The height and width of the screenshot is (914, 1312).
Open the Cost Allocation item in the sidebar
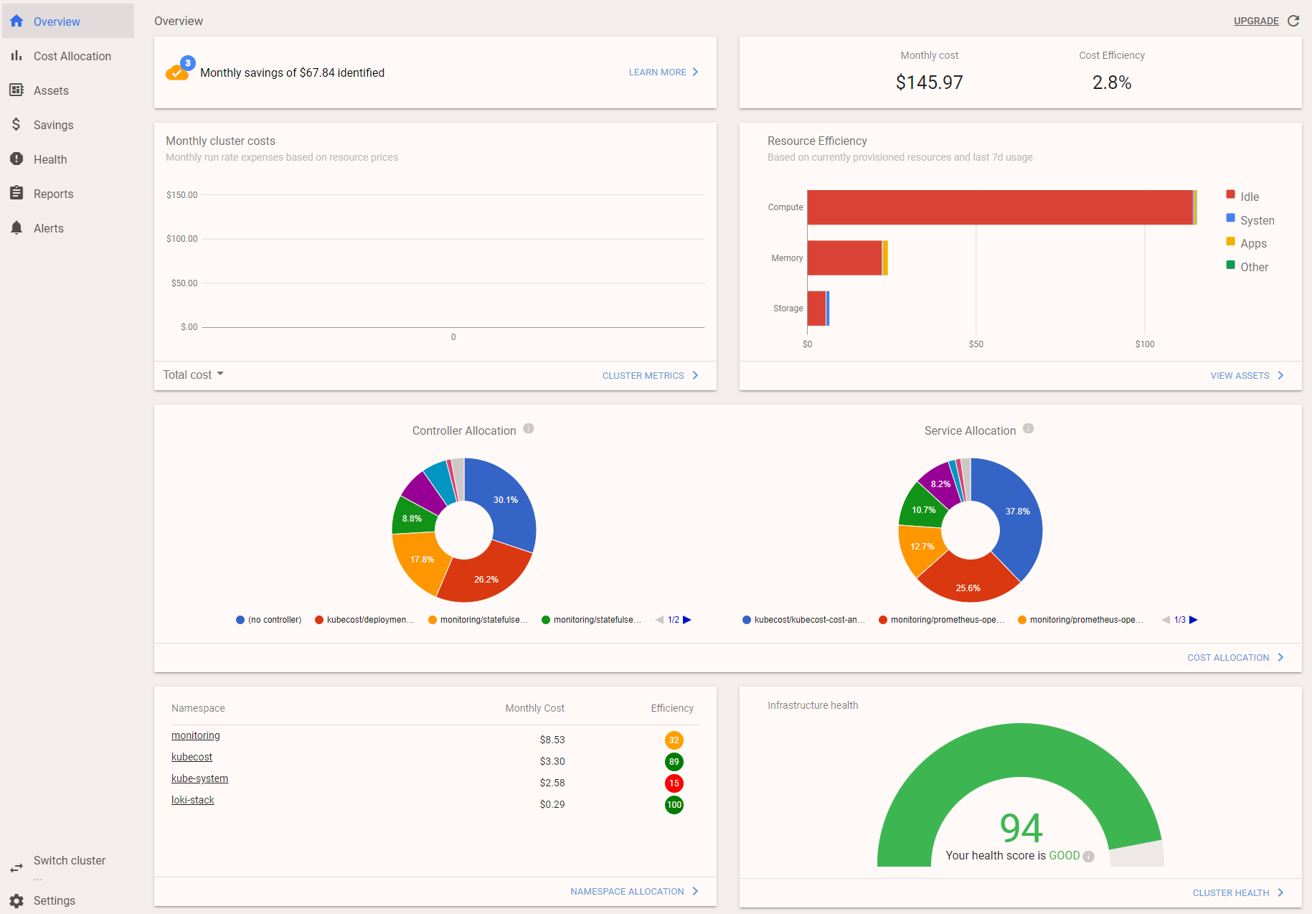[x=72, y=56]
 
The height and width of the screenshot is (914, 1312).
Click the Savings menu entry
[x=53, y=125]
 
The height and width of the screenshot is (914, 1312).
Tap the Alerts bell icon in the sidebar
[x=16, y=228]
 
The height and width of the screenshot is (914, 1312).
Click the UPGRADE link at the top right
[x=1255, y=21]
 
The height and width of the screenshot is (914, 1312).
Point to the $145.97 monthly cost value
[x=929, y=83]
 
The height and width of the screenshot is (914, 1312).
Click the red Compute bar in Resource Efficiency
[x=999, y=207]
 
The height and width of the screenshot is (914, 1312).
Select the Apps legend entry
[x=1252, y=243]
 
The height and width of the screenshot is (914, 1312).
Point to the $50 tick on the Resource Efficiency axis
[x=976, y=344]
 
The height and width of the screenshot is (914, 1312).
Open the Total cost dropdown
[x=193, y=374]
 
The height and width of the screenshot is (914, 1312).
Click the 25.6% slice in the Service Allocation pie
[x=968, y=585]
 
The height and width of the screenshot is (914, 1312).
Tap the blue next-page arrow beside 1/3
[x=1194, y=620]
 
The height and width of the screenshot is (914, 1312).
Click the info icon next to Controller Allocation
[x=529, y=429]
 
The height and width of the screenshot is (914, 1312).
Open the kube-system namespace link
[x=199, y=778]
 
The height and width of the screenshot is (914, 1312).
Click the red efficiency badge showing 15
[x=674, y=783]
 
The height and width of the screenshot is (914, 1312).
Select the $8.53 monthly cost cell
[x=552, y=740]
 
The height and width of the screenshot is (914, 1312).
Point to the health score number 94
[x=1021, y=828]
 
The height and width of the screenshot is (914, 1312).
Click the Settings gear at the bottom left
[x=17, y=900]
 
